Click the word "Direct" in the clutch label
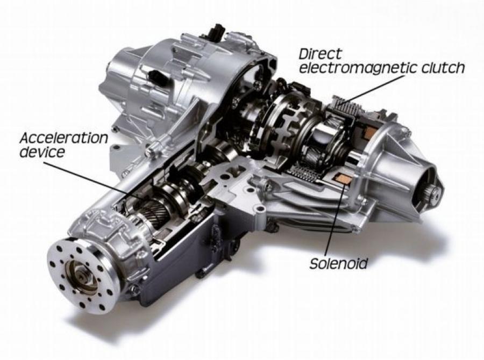[x=320, y=54]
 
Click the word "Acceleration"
[x=64, y=138]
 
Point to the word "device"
[x=42, y=152]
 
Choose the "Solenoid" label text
[x=339, y=264]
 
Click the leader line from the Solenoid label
[x=336, y=220]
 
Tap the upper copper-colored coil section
[x=369, y=133]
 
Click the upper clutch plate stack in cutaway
[x=345, y=106]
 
